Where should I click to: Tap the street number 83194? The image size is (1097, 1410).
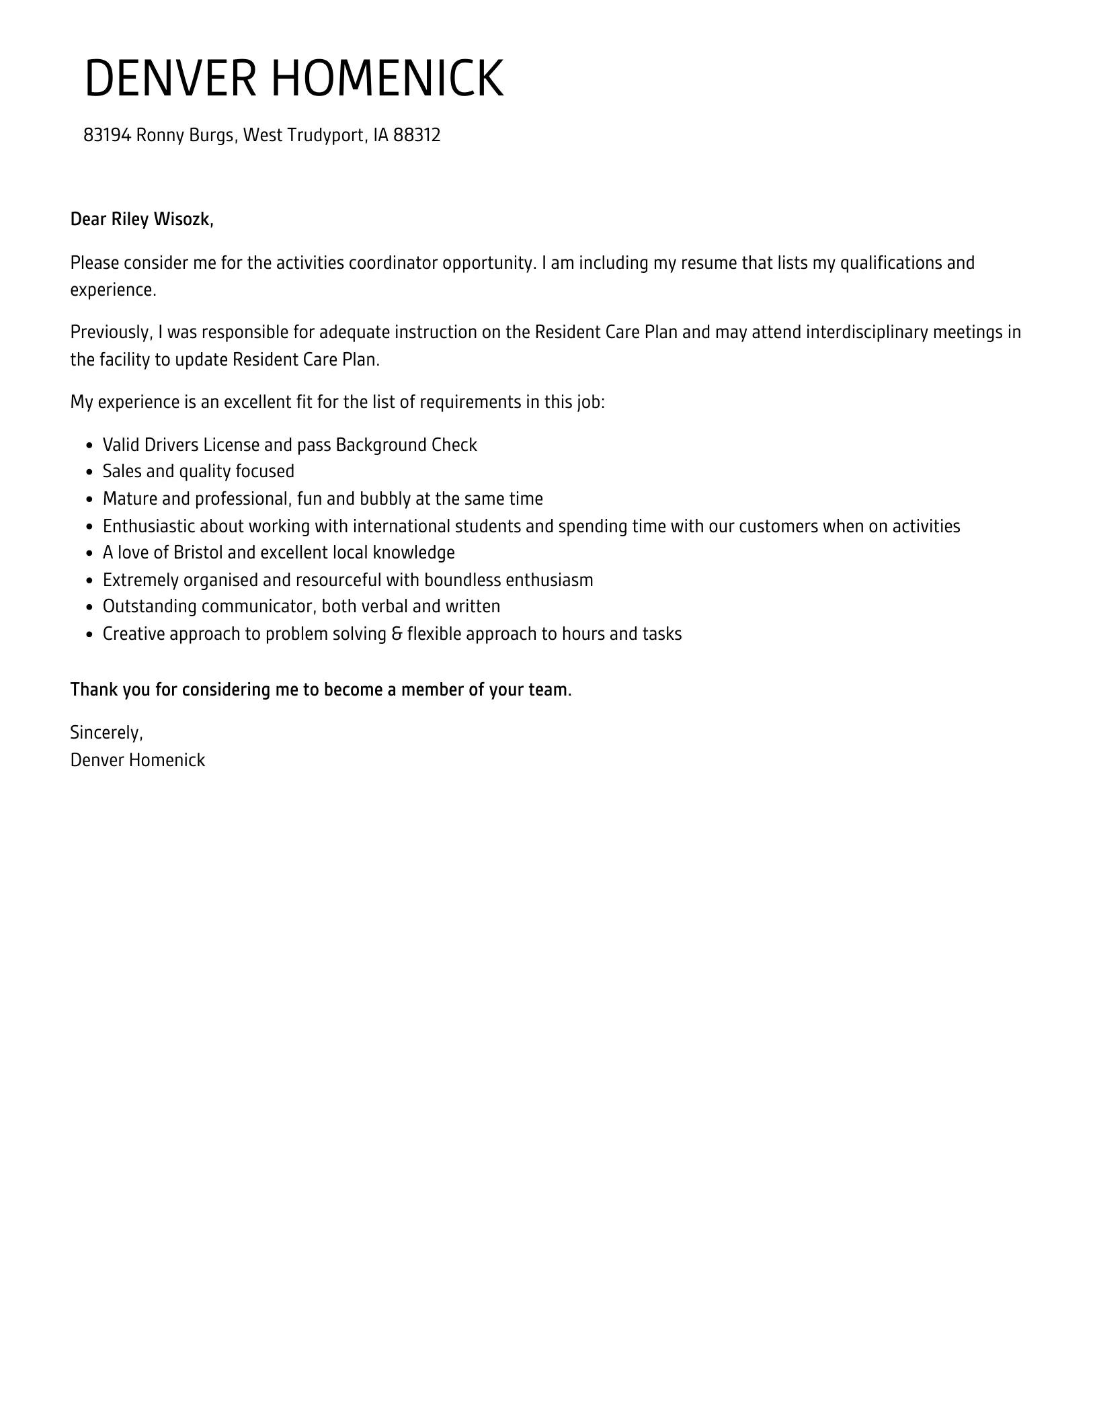tap(107, 136)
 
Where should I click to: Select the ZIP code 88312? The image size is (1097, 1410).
tap(417, 136)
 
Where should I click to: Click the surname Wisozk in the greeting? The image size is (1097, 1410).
tap(184, 220)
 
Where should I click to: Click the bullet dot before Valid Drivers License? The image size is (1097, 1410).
tap(90, 446)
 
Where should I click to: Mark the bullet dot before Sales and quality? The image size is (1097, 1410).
tap(90, 472)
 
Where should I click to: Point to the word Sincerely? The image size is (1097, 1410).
tap(106, 733)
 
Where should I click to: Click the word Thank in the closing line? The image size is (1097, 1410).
tap(93, 690)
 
